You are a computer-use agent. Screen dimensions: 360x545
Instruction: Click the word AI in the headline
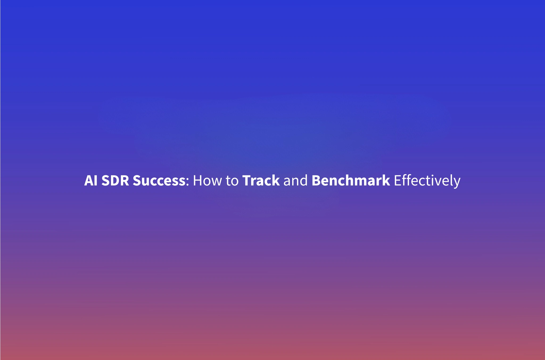[91, 181]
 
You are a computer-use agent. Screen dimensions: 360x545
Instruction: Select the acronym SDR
[115, 181]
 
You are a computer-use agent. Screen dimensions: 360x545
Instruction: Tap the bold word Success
[159, 181]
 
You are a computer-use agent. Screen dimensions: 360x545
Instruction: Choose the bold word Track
[261, 181]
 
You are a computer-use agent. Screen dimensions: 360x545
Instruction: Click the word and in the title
[295, 181]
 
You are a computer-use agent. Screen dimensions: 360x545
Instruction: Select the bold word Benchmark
[350, 181]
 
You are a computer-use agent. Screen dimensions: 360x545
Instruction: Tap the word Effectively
[427, 181]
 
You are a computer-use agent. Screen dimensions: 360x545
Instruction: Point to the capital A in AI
[89, 181]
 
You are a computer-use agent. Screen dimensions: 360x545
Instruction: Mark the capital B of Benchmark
[316, 181]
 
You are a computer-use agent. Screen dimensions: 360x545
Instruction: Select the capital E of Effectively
[397, 181]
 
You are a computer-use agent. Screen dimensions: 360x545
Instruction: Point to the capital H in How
[197, 181]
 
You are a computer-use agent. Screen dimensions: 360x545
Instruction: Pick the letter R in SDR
[125, 181]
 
